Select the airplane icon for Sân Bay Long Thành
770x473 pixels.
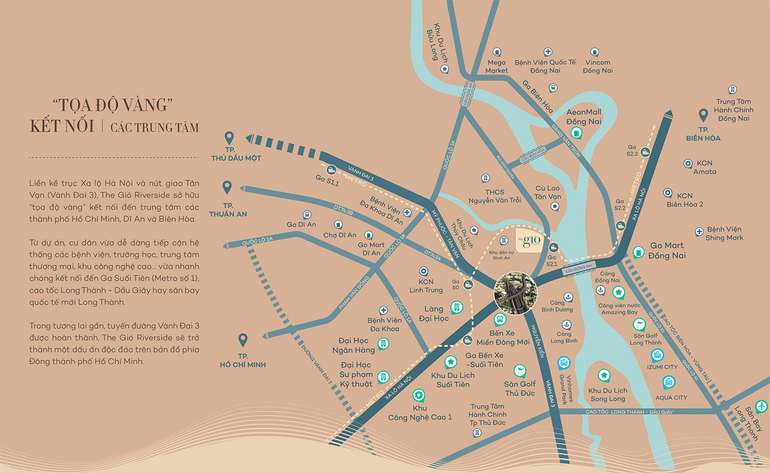[x=761, y=406]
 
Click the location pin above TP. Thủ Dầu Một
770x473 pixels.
[x=230, y=137]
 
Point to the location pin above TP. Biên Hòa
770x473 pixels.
[x=702, y=115]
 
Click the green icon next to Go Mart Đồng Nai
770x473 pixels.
[x=638, y=252]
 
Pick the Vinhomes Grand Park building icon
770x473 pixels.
[x=564, y=363]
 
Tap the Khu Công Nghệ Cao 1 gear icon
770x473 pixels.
[x=418, y=395]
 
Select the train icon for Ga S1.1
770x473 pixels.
[x=332, y=170]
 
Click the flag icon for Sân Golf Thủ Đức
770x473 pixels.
[x=520, y=371]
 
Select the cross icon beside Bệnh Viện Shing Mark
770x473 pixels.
[x=699, y=232]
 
